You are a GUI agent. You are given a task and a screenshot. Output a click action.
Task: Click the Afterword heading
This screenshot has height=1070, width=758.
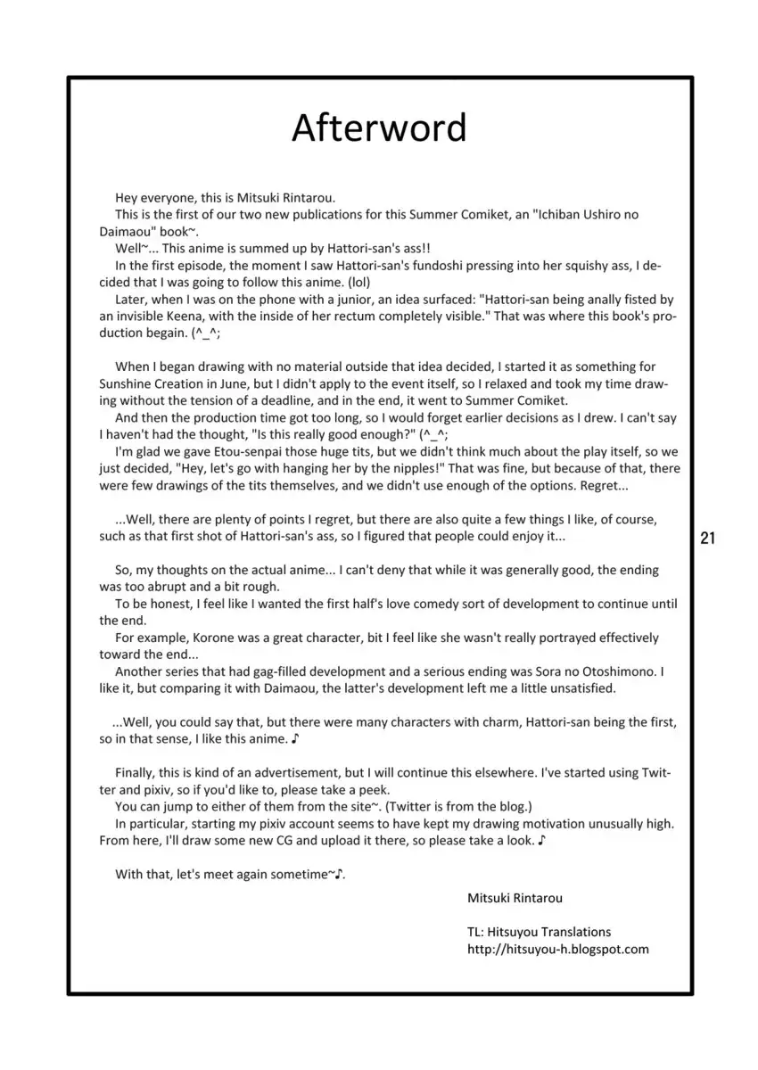click(379, 128)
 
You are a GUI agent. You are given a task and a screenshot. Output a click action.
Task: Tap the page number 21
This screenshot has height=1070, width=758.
click(710, 538)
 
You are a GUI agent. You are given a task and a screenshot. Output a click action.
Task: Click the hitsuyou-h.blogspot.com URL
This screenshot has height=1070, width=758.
click(558, 949)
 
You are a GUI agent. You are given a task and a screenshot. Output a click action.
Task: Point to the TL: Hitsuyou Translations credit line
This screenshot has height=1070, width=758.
click(539, 931)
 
